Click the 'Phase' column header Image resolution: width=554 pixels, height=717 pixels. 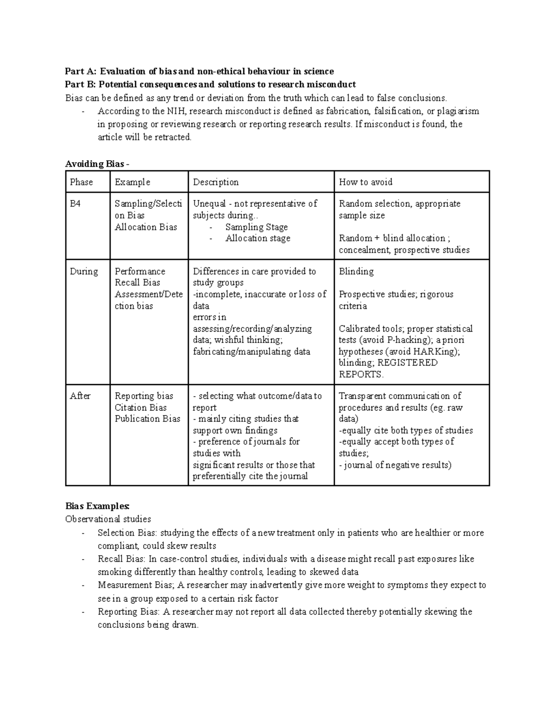tap(81, 182)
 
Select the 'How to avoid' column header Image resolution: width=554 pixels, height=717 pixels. tap(365, 182)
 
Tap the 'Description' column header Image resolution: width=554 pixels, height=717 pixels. tap(216, 182)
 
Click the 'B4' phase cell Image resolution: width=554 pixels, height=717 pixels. tap(75, 204)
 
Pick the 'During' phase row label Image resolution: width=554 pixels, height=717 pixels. tap(84, 271)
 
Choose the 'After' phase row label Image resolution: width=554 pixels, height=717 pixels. tap(80, 396)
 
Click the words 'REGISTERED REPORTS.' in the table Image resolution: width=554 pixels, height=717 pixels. tap(388, 368)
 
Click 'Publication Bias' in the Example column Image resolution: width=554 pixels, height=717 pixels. tap(147, 419)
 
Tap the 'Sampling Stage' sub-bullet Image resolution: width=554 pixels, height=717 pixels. tap(256, 227)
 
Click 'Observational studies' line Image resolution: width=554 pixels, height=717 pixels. tap(108, 519)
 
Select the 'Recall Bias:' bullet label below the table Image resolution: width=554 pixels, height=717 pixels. tap(121, 559)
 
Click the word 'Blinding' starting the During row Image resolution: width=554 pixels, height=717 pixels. tap(356, 271)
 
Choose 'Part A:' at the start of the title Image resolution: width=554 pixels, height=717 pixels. tap(81, 71)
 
